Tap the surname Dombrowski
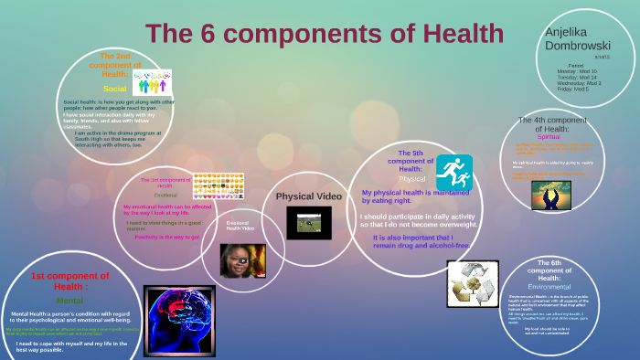578,46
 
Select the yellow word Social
114,89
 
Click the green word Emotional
165,196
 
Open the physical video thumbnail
308,222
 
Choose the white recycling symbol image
473,283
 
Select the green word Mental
69,300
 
